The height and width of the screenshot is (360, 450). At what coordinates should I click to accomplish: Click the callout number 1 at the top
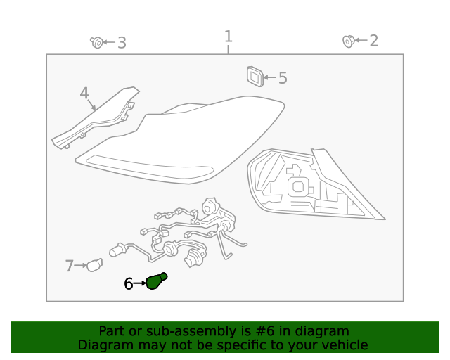[x=228, y=37]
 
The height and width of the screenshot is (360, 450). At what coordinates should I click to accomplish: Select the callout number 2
[x=373, y=41]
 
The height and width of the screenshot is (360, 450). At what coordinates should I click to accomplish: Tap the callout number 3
[x=122, y=43]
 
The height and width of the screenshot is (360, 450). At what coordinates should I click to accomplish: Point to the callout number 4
[x=84, y=94]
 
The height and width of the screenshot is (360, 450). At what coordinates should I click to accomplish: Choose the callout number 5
[x=283, y=78]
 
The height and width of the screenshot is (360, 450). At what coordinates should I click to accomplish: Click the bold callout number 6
[x=128, y=283]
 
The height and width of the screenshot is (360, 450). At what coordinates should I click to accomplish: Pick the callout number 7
[x=69, y=266]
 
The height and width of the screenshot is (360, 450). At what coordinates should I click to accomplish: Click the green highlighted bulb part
[x=156, y=281]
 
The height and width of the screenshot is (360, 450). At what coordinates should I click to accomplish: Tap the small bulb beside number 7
[x=94, y=265]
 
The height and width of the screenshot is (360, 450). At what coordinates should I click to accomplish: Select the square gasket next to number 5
[x=255, y=76]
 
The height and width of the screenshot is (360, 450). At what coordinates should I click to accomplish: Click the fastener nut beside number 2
[x=347, y=41]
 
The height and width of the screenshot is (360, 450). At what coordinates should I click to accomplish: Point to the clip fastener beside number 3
[x=96, y=43]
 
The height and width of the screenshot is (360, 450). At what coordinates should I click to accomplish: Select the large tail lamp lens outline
[x=179, y=141]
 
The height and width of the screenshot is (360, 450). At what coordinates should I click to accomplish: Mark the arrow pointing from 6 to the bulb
[x=139, y=283]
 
